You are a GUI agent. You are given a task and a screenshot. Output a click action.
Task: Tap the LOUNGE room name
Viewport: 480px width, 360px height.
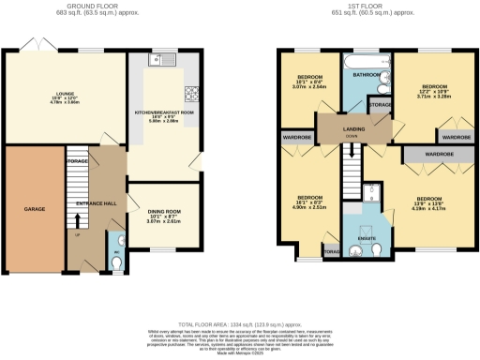(38, 94)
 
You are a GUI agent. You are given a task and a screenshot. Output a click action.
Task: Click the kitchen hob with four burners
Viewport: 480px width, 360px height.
(192, 93)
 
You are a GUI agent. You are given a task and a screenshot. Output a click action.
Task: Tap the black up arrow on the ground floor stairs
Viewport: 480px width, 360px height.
(78, 221)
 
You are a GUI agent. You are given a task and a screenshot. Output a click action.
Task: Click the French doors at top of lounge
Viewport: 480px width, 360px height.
(37, 48)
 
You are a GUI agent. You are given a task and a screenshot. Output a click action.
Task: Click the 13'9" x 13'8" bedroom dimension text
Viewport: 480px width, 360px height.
(428, 203)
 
